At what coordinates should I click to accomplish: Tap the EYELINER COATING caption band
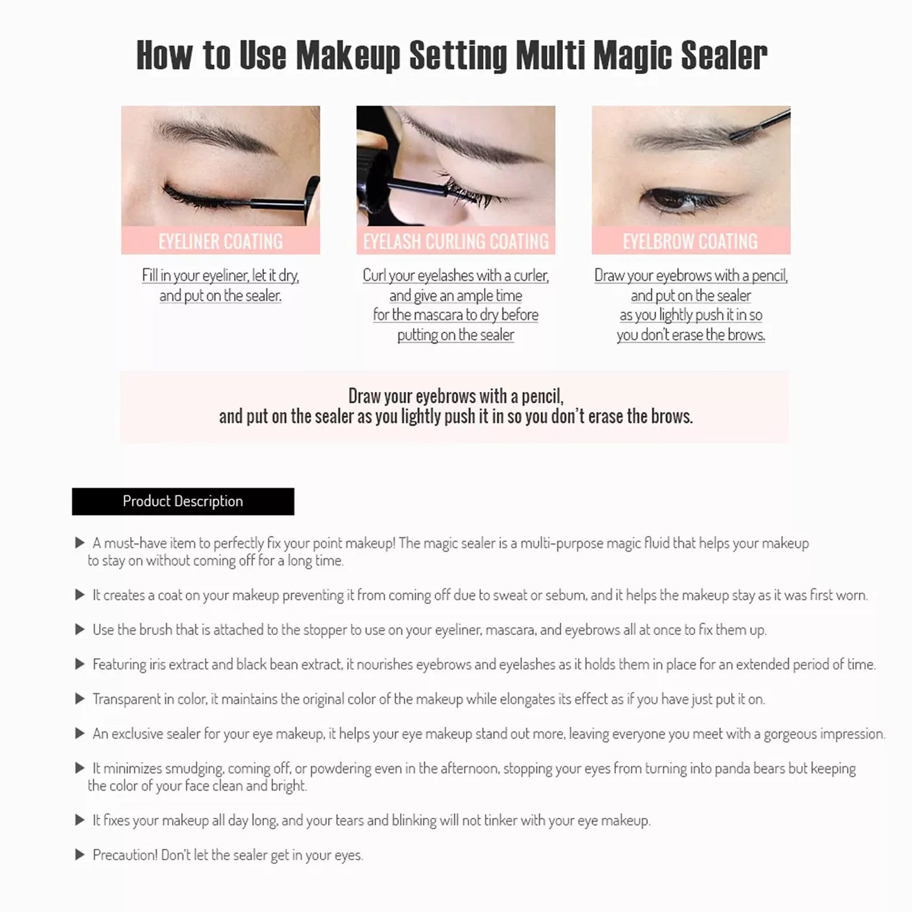pos(220,241)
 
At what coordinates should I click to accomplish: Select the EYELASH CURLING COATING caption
pos(456,241)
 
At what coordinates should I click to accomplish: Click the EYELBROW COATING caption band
pos(690,241)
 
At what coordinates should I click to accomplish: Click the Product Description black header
pos(182,501)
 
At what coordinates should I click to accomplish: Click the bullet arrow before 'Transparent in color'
pos(80,699)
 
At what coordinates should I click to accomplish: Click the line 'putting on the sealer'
pos(456,335)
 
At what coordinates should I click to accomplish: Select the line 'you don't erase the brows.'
pos(690,335)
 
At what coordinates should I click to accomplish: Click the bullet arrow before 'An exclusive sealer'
pos(80,733)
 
